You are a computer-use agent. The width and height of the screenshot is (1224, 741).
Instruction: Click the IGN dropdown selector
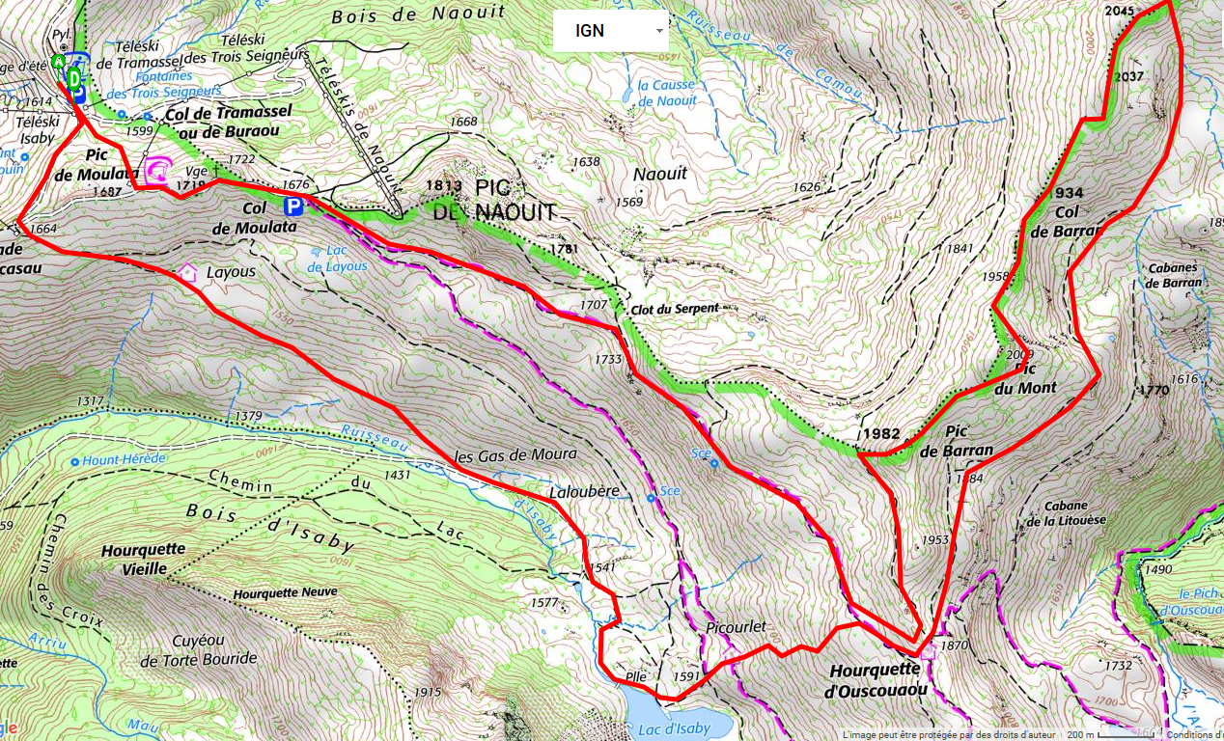click(610, 31)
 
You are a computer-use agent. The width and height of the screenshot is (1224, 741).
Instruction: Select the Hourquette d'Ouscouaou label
click(876, 679)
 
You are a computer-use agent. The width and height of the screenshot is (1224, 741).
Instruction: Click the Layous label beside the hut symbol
click(231, 272)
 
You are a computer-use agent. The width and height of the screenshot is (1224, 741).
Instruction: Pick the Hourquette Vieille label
click(143, 559)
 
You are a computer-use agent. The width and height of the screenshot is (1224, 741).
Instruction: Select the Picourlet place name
click(736, 626)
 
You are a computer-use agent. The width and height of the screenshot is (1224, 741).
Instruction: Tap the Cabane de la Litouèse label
click(1064, 513)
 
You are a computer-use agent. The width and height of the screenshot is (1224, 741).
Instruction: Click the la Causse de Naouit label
click(666, 92)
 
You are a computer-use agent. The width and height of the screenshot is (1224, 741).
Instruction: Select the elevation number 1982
click(884, 434)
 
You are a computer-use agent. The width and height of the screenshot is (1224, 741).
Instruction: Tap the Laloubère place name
click(583, 491)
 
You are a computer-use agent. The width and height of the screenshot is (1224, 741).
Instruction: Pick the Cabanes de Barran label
click(1174, 275)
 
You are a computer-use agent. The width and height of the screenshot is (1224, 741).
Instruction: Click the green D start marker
click(74, 77)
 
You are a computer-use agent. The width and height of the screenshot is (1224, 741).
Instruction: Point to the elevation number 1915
click(427, 692)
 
